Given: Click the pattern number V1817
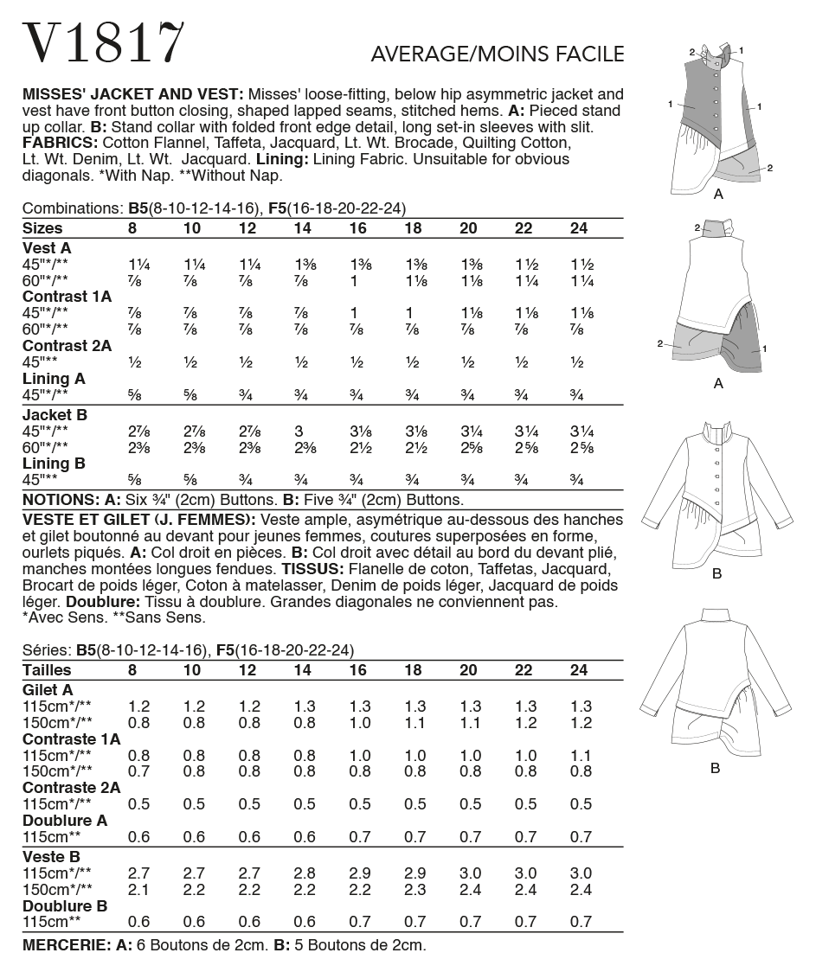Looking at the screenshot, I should [x=104, y=43].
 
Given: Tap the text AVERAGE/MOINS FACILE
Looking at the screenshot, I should [x=498, y=54].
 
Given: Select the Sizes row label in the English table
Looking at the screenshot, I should [x=43, y=228].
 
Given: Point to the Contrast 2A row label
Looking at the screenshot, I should [x=67, y=346].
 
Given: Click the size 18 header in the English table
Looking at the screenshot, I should [x=412, y=228].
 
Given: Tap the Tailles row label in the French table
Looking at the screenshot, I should [x=47, y=670].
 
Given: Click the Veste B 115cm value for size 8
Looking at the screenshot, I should [x=138, y=873].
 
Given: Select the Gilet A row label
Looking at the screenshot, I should [x=48, y=690].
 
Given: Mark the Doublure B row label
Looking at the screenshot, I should [x=65, y=906].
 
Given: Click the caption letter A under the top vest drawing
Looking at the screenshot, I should [x=717, y=195].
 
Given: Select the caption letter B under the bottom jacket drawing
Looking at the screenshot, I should [x=716, y=768].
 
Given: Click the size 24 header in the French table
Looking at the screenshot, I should [x=580, y=670].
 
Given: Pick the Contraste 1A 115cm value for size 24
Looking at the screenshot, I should [x=581, y=754].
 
